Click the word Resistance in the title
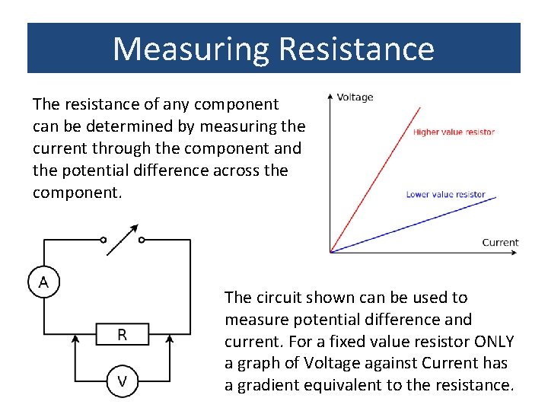(x=357, y=49)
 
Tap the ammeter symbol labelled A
(x=43, y=283)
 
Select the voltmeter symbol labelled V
(x=122, y=381)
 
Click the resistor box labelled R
(x=122, y=334)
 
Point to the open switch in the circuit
(x=123, y=239)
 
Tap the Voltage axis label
(x=355, y=97)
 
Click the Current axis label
(x=500, y=243)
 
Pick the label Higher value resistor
(x=454, y=132)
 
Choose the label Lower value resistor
(x=445, y=194)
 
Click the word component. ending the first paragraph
(x=77, y=193)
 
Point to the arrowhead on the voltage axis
(x=330, y=97)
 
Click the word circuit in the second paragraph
(x=275, y=297)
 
